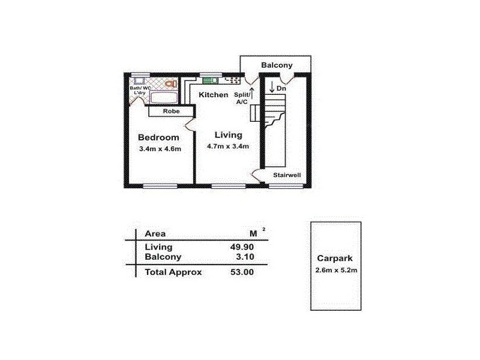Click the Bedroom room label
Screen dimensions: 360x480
tap(158, 137)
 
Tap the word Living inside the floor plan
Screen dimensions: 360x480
tap(229, 134)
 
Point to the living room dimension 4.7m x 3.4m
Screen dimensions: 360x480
tap(228, 146)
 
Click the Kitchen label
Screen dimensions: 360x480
tap(213, 95)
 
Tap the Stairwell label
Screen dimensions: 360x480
tap(287, 175)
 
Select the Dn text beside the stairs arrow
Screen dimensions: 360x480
tap(281, 88)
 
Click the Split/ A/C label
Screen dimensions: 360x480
tap(242, 98)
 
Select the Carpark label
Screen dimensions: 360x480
tap(335, 258)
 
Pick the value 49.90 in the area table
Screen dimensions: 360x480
tap(242, 247)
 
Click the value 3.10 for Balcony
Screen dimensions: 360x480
tap(245, 257)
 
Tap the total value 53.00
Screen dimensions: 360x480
tap(242, 272)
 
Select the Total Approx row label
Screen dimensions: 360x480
tap(173, 272)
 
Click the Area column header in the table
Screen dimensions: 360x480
tap(155, 233)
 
